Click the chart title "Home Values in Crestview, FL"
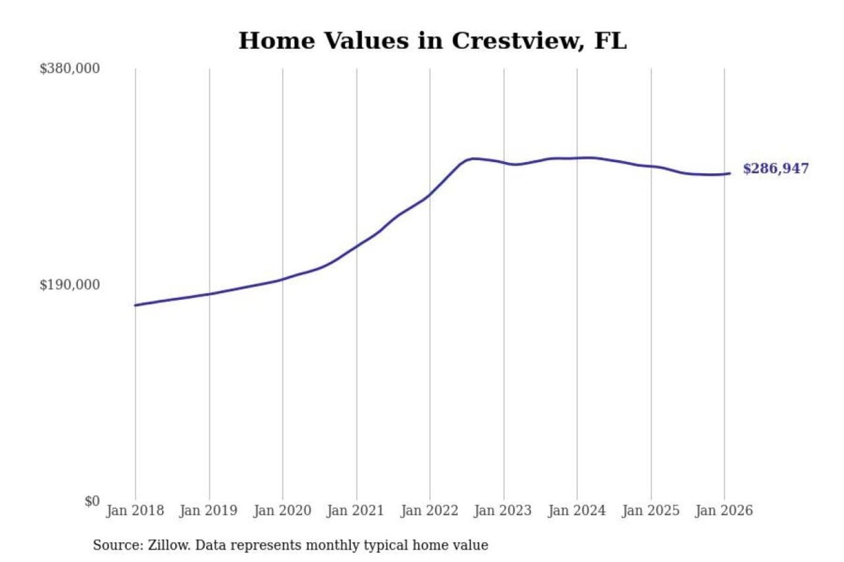click(x=433, y=41)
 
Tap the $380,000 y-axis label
click(x=70, y=68)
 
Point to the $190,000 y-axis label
click(x=70, y=285)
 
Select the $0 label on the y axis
click(x=92, y=501)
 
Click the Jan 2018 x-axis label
click(x=135, y=510)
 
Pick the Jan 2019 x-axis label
click(x=209, y=510)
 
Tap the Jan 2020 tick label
click(x=282, y=510)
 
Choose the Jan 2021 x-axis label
click(x=355, y=510)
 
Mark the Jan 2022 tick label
click(x=429, y=510)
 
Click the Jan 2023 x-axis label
click(x=503, y=510)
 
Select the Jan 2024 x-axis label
click(x=577, y=510)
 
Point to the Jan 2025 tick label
click(x=651, y=510)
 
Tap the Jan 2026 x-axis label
click(x=724, y=510)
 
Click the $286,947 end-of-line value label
click(x=775, y=169)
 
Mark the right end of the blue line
click(x=730, y=173)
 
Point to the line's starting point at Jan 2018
click(x=135, y=305)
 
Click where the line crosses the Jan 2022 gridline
click(x=430, y=194)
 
